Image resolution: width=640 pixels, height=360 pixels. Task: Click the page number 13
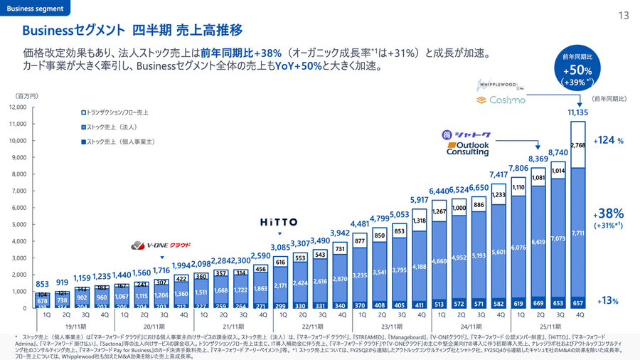[624, 16]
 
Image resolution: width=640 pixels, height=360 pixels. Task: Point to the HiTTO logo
[279, 222]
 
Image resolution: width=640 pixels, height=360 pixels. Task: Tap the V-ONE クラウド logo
[161, 246]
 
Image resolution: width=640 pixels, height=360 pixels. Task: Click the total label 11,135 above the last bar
[577, 112]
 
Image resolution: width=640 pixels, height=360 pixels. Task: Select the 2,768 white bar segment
[577, 145]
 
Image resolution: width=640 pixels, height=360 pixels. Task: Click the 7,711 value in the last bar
[577, 233]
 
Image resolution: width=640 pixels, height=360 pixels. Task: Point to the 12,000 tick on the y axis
[17, 107]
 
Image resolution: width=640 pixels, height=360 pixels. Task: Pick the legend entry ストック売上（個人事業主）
[118, 142]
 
